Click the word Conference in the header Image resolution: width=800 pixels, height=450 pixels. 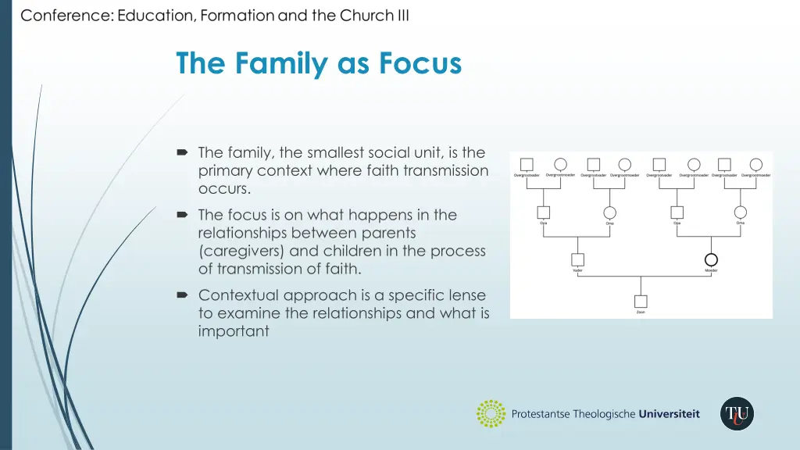point(66,16)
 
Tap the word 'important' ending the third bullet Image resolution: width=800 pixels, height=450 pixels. point(234,331)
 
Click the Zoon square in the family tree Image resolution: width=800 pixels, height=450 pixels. point(641,302)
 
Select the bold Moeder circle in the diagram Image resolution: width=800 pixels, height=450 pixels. point(711,259)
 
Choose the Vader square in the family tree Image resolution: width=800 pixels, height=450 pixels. point(577,260)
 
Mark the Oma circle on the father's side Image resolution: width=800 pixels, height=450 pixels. point(609,212)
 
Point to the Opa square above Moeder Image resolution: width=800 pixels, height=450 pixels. point(677,212)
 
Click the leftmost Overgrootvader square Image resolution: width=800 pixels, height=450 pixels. point(527,165)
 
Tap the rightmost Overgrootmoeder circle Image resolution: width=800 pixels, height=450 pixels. point(755,165)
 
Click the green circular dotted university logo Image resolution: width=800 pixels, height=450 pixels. point(491,414)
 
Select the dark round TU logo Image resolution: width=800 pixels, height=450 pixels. point(737,414)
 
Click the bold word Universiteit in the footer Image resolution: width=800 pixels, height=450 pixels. point(669,414)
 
